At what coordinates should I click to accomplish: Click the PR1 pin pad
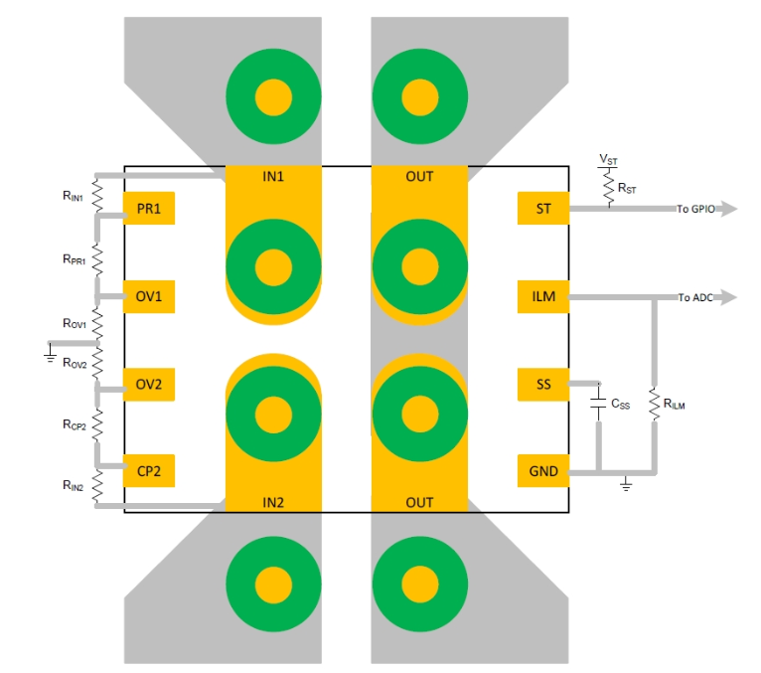148,209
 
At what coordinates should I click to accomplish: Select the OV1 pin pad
148,296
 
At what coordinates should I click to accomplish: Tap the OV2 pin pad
148,384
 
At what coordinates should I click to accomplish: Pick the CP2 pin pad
148,470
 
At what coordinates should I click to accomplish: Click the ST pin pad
543,209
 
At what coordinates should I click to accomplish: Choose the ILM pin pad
543,296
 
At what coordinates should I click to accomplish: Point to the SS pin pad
543,384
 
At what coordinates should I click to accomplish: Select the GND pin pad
543,470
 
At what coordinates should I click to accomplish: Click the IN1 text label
273,176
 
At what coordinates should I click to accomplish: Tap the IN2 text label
273,503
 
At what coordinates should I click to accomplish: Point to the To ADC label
695,297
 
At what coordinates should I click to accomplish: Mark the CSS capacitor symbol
598,403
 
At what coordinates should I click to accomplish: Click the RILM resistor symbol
655,403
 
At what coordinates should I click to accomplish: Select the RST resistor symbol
609,187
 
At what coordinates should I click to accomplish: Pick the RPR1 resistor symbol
97,259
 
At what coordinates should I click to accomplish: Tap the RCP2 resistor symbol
97,424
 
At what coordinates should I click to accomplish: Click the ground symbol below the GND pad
626,484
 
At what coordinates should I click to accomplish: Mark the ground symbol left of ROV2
50,353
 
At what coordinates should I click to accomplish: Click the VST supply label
608,159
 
